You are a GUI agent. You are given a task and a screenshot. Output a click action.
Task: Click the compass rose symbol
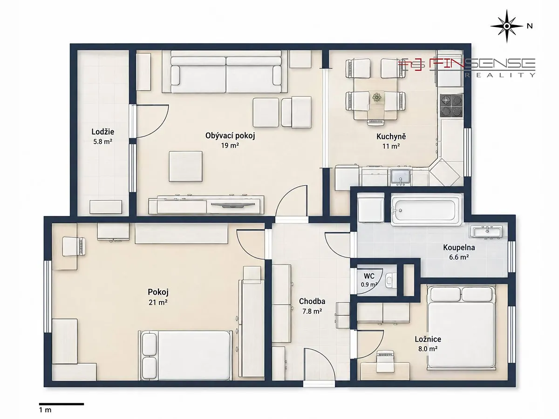(x=507, y=26)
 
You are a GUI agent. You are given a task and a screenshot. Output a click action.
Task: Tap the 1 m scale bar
(x=61, y=404)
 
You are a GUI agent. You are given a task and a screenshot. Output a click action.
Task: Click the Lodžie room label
(x=103, y=132)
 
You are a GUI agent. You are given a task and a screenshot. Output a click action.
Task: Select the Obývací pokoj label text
(x=230, y=136)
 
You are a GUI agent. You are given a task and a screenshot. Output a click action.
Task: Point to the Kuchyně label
(x=391, y=136)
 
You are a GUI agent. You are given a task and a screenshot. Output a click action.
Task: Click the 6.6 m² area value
(x=459, y=257)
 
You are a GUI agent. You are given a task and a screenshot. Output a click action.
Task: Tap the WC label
(x=369, y=276)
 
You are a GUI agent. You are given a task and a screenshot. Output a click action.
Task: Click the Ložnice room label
(x=428, y=339)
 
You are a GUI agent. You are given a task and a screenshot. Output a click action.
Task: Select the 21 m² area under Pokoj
(x=158, y=303)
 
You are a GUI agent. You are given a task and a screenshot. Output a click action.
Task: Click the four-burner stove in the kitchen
(x=452, y=105)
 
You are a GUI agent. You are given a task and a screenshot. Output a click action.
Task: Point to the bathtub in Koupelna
(x=426, y=210)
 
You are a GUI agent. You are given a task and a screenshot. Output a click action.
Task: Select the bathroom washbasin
(x=487, y=232)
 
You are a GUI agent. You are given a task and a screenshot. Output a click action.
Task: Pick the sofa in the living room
(x=226, y=72)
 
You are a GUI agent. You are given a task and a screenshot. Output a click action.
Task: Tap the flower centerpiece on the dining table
(x=376, y=97)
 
